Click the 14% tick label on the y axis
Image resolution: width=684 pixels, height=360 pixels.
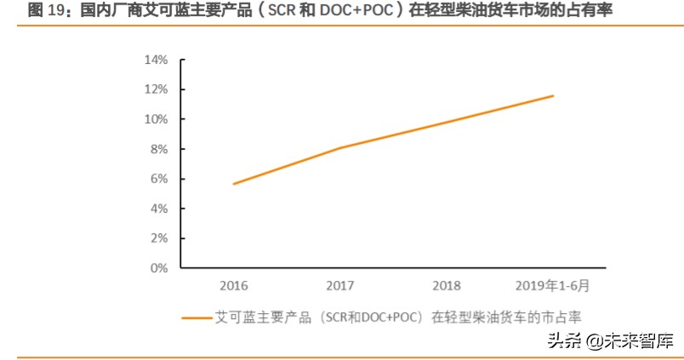[x=157, y=60]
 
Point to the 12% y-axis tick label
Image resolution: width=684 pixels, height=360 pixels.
[x=157, y=90]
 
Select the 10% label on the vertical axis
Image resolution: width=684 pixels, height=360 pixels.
[x=157, y=119]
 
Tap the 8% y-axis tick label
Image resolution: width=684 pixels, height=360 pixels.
[x=159, y=149]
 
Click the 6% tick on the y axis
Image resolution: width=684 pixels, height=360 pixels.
[x=159, y=179]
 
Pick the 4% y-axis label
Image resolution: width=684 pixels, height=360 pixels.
[x=159, y=209]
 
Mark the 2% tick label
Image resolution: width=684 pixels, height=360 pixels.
[x=159, y=238]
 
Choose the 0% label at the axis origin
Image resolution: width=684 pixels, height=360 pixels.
[x=159, y=268]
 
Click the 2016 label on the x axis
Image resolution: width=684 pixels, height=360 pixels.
[x=233, y=286]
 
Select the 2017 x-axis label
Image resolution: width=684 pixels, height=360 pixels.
[x=339, y=286]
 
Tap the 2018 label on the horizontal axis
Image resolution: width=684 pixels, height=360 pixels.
[x=447, y=286]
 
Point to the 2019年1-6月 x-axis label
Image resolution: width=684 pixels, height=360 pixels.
[x=553, y=286]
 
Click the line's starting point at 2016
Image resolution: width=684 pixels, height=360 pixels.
[x=233, y=184]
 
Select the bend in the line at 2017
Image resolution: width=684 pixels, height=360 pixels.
[x=340, y=148]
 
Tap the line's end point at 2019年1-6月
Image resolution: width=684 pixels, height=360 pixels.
[x=553, y=95]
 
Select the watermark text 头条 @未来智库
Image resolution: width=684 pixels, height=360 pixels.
[x=610, y=341]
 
